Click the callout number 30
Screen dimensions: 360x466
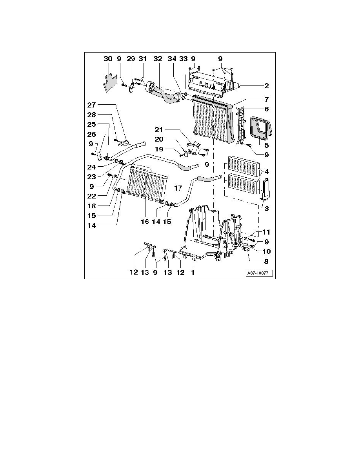108,59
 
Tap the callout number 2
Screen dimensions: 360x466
266,86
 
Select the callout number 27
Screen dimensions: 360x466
91,105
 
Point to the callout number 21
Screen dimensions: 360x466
159,129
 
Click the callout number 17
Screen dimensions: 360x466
178,188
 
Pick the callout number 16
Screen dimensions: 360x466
145,222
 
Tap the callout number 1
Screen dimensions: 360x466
193,272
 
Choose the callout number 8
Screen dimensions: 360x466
266,262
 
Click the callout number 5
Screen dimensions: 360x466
266,145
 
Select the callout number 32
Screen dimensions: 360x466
158,59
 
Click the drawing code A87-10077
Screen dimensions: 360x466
259,273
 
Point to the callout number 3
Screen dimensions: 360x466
266,209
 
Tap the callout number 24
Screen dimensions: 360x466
91,167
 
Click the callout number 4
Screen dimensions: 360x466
266,172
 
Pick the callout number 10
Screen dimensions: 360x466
266,252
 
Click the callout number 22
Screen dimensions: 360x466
91,196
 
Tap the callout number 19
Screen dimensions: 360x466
159,149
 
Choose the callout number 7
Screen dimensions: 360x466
266,99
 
